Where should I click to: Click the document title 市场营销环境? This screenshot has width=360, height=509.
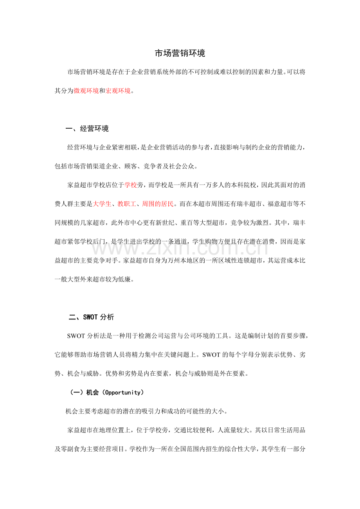pos(180,54)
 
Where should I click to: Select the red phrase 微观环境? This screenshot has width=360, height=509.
pos(86,91)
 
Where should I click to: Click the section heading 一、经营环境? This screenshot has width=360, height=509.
pos(87,129)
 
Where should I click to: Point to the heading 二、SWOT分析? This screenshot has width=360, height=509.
pos(92,317)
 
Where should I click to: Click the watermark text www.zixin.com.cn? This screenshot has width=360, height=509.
pos(180,247)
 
